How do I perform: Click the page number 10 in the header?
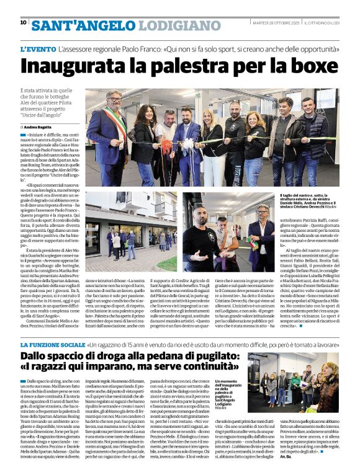[24, 22]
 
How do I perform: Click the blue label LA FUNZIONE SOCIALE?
[53, 344]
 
